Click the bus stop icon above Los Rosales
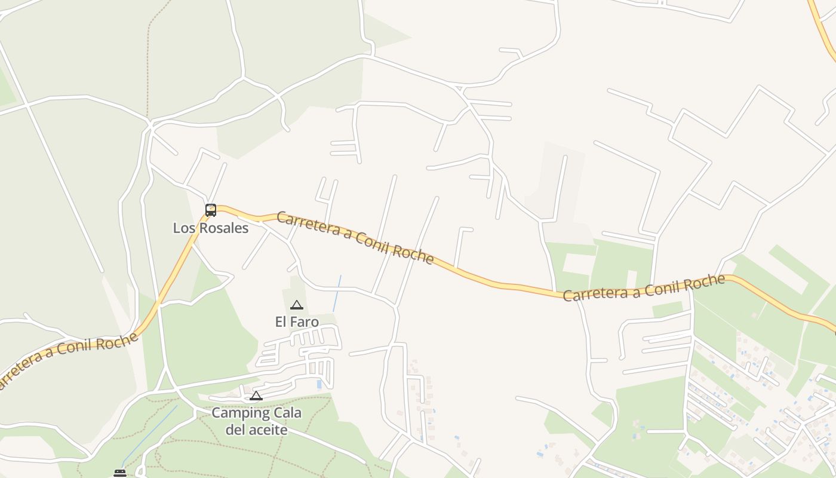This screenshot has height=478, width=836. pyautogui.click(x=211, y=210)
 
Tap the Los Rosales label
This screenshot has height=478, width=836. pyautogui.click(x=211, y=228)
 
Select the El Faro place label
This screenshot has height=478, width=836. pyautogui.click(x=297, y=321)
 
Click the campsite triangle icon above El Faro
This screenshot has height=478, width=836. pyautogui.click(x=297, y=305)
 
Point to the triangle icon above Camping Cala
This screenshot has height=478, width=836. pyautogui.click(x=256, y=396)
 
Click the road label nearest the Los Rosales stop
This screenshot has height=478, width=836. pyautogui.click(x=355, y=237)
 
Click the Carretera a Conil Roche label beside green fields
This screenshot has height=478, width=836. pyautogui.click(x=644, y=288)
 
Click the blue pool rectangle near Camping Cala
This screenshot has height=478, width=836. pyautogui.click(x=319, y=385)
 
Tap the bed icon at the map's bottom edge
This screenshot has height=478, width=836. pyautogui.click(x=120, y=473)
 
